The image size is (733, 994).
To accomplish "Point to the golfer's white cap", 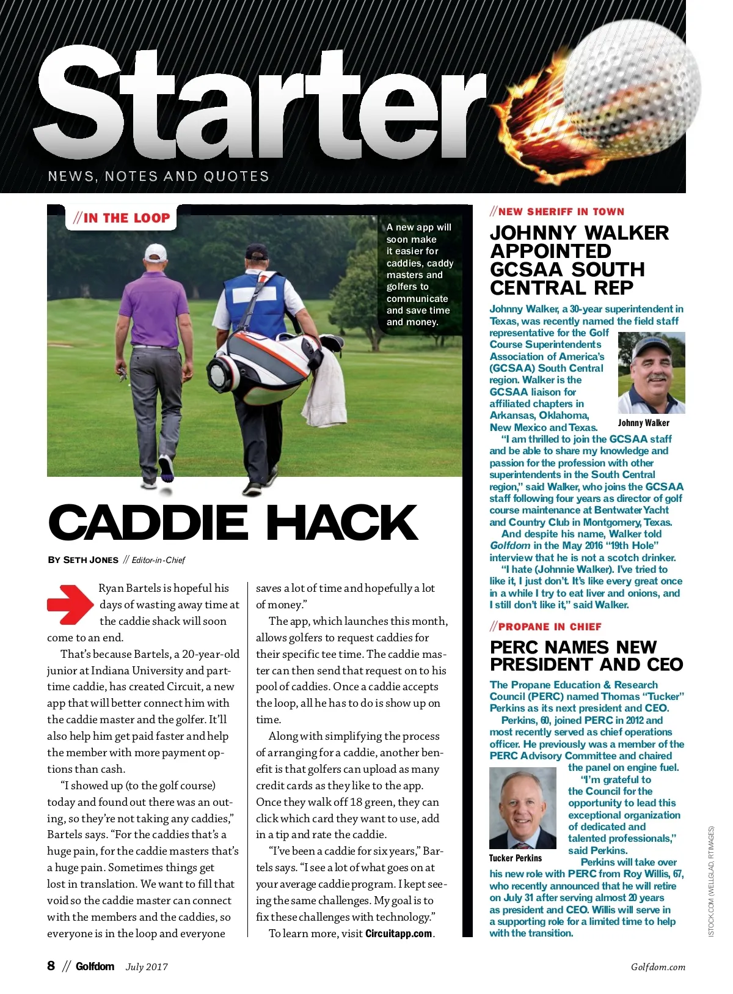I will click(x=155, y=252).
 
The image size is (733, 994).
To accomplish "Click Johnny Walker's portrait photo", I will click(x=651, y=373).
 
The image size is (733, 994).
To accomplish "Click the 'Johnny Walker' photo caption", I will click(x=643, y=423).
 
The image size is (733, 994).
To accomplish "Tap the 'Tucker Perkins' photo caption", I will click(x=515, y=858).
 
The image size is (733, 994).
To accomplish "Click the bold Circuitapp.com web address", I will click(x=398, y=933).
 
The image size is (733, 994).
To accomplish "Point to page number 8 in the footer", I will click(x=51, y=966).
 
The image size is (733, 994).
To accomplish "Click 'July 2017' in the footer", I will click(x=147, y=966).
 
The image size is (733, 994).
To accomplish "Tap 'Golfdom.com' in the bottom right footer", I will click(x=658, y=966).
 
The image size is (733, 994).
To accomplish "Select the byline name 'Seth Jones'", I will click(x=90, y=560).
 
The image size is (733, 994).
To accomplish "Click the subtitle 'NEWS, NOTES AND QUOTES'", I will click(x=158, y=177).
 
